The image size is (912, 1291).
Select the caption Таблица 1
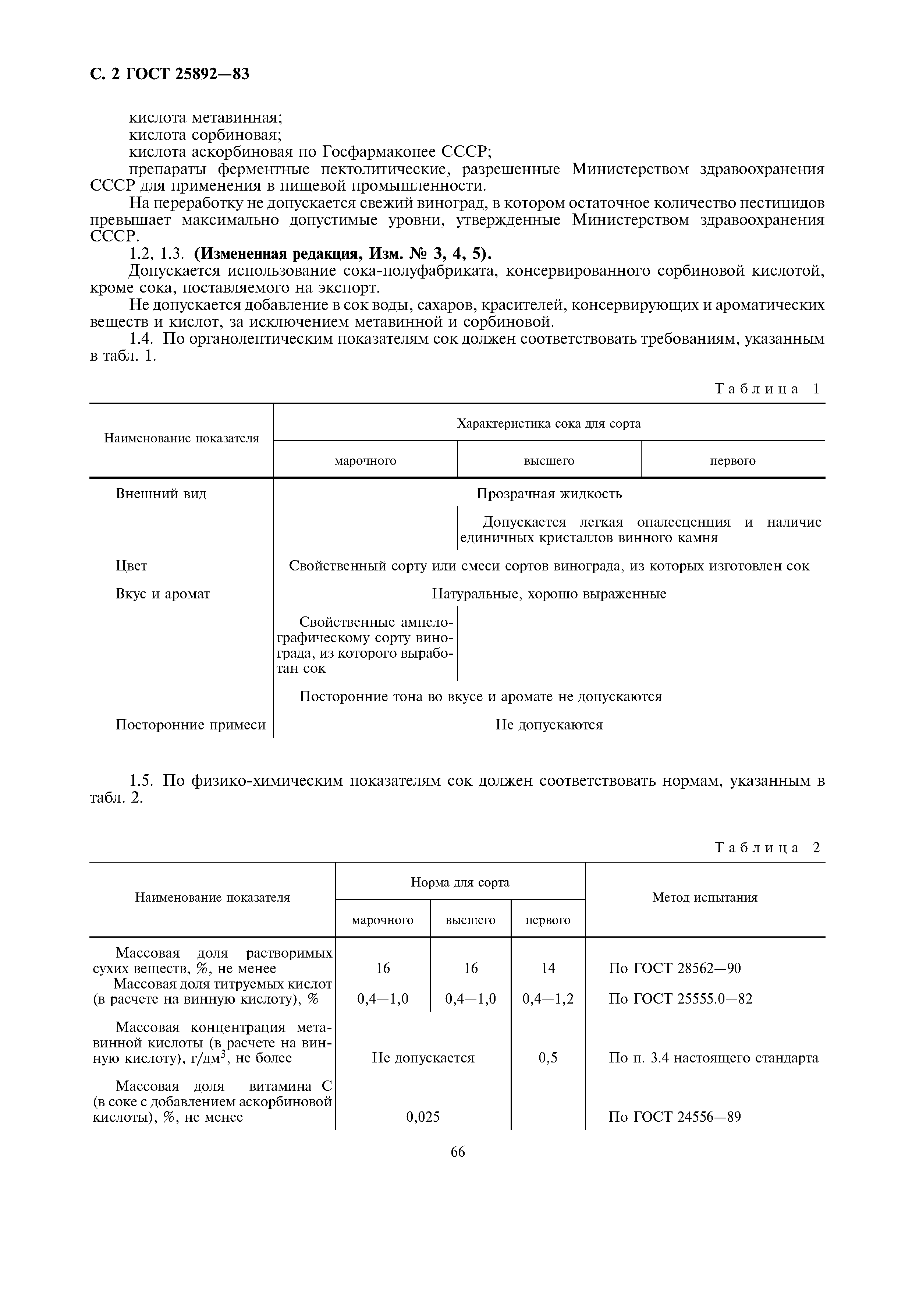click(x=767, y=389)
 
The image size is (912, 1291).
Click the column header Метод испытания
click(x=705, y=897)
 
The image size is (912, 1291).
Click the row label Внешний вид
click(x=161, y=494)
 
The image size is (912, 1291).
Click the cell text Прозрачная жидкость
click(x=549, y=494)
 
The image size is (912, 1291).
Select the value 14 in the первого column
click(x=548, y=968)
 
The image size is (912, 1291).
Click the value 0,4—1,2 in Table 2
click(x=548, y=999)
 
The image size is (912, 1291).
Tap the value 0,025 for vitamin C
click(x=423, y=1117)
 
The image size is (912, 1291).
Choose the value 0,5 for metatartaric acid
click(x=548, y=1058)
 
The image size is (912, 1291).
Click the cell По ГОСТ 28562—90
click(x=674, y=968)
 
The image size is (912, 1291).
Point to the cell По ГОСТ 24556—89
click(x=674, y=1117)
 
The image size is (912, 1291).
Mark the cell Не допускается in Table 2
click(x=423, y=1058)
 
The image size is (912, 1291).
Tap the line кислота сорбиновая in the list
click(x=205, y=135)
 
